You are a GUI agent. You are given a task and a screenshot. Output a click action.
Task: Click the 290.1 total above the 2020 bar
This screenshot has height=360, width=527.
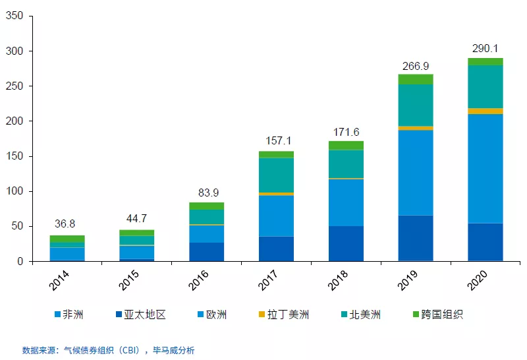pos(485,49)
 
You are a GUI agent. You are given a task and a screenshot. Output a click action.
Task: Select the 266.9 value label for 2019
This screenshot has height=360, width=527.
pos(416,65)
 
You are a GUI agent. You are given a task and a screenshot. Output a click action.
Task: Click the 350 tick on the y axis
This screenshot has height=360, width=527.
pos(14,16)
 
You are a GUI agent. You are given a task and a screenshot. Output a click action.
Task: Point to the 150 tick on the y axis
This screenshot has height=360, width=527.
pos(14,156)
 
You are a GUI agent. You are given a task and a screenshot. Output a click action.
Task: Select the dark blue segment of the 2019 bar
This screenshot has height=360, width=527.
pos(416,238)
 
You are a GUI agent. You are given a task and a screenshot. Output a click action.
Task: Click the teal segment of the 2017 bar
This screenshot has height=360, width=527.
pos(276,175)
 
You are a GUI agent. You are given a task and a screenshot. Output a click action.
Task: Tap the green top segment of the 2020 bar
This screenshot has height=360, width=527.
pos(485,61)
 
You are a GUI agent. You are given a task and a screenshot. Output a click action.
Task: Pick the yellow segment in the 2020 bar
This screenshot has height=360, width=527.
pos(485,111)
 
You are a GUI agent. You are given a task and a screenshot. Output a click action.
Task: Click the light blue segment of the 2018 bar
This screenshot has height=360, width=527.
pos(346,202)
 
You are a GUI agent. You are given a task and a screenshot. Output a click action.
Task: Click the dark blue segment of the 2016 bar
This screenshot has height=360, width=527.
pos(206,252)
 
